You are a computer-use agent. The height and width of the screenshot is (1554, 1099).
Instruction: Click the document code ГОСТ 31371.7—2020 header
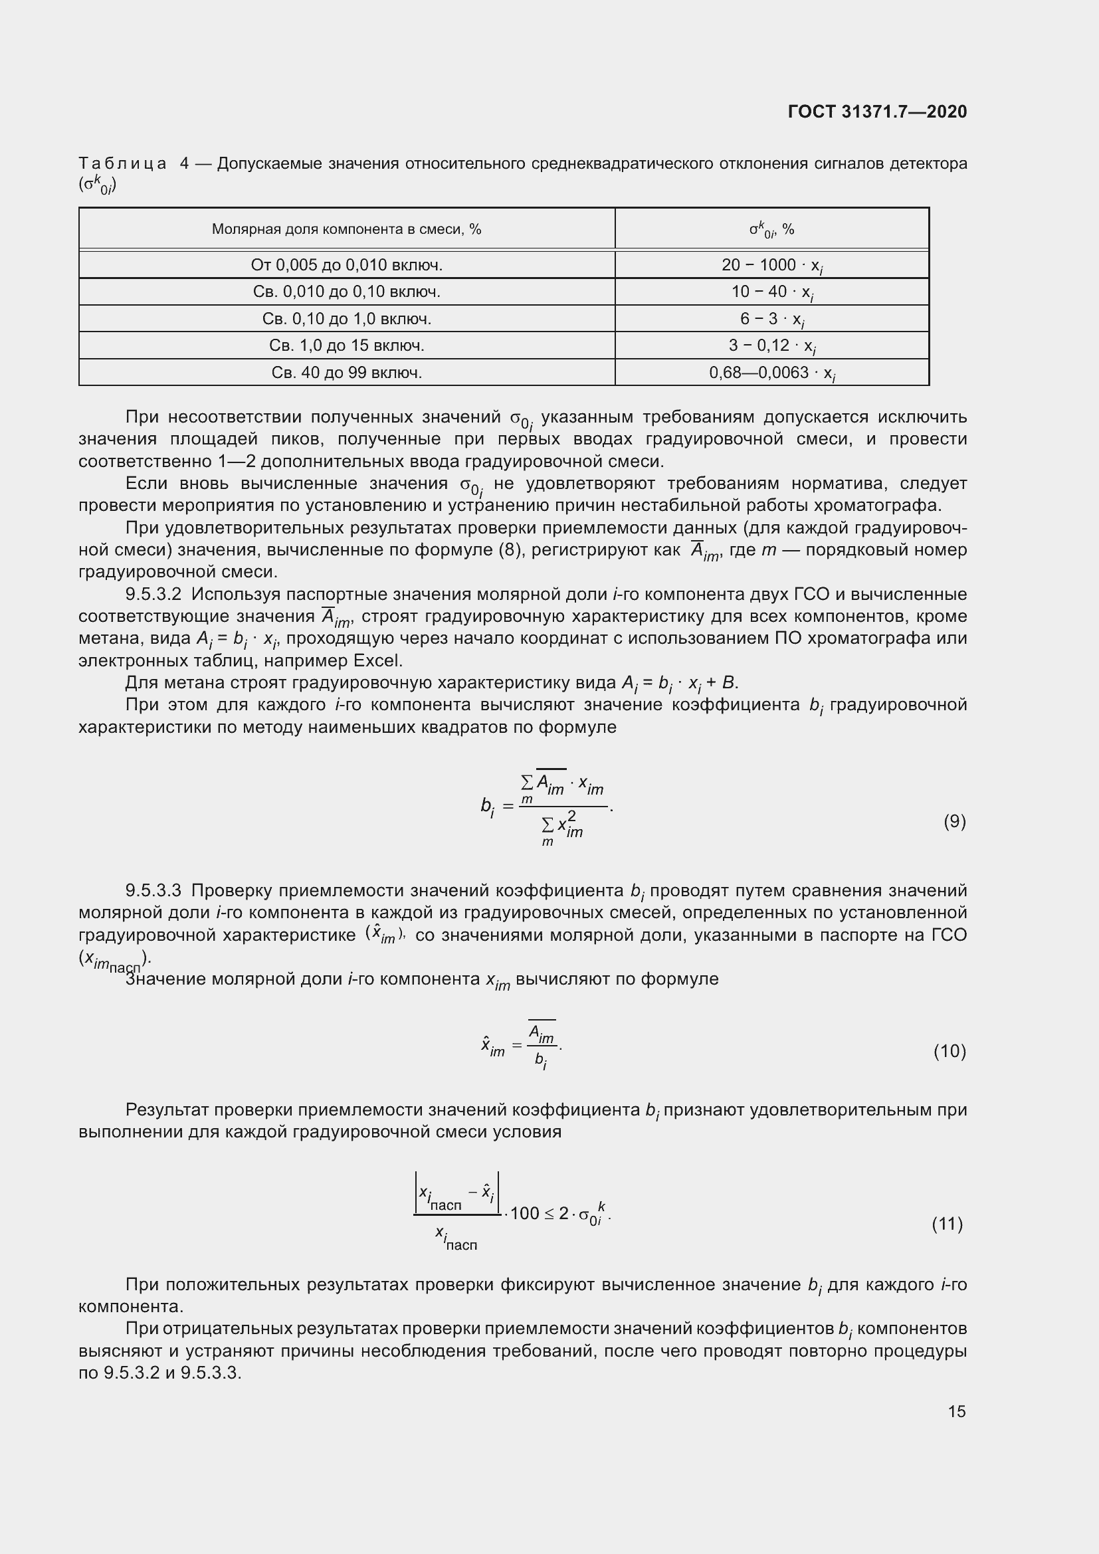coord(877,112)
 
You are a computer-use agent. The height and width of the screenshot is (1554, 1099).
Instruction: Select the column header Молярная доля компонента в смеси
coord(346,229)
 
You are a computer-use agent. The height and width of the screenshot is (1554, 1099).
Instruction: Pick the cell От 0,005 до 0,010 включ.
coord(346,264)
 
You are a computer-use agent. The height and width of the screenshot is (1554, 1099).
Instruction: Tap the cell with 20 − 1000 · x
coord(771,265)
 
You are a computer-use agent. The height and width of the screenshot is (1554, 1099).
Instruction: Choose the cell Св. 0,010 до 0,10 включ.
coord(346,292)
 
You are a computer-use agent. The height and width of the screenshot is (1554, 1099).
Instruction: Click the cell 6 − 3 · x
coord(771,319)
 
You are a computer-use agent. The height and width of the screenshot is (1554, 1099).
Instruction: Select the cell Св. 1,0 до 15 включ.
coord(346,345)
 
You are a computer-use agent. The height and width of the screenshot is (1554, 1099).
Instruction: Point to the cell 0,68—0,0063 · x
coord(771,373)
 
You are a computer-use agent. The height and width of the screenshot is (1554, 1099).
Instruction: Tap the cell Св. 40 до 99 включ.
coord(346,372)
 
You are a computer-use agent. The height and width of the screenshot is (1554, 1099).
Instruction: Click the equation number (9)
coord(954,821)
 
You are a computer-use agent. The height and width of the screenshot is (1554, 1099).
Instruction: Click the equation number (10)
coord(949,1050)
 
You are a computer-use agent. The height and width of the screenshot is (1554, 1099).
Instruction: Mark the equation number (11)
coord(948,1223)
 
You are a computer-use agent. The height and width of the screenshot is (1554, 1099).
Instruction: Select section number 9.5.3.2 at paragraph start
coord(153,593)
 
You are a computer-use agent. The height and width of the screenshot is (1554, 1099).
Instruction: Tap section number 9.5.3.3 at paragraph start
coord(153,890)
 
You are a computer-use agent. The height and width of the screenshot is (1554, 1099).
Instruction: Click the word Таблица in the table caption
coord(122,163)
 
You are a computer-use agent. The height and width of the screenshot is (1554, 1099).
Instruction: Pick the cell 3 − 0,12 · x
coord(771,346)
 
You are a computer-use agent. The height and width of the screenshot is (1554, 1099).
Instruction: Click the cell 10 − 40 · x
coord(771,292)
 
